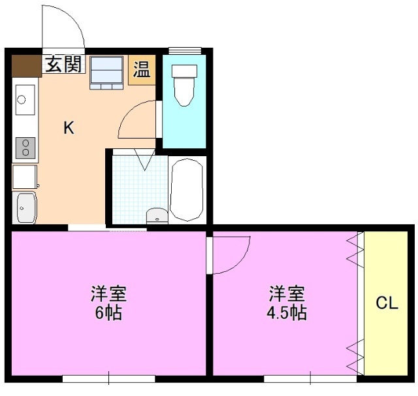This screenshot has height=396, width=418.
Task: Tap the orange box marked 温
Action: (141, 70)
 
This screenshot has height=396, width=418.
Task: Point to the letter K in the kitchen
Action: (69, 128)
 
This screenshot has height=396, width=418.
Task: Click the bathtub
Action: (187, 190)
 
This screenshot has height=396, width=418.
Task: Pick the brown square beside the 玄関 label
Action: (27, 66)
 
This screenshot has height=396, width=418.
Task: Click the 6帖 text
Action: (109, 312)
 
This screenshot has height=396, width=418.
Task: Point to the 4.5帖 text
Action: (286, 312)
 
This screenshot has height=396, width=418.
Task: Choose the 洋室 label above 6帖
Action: (109, 293)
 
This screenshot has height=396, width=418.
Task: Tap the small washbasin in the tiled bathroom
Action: (156, 216)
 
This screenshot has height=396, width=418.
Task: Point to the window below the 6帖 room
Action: (108, 378)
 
